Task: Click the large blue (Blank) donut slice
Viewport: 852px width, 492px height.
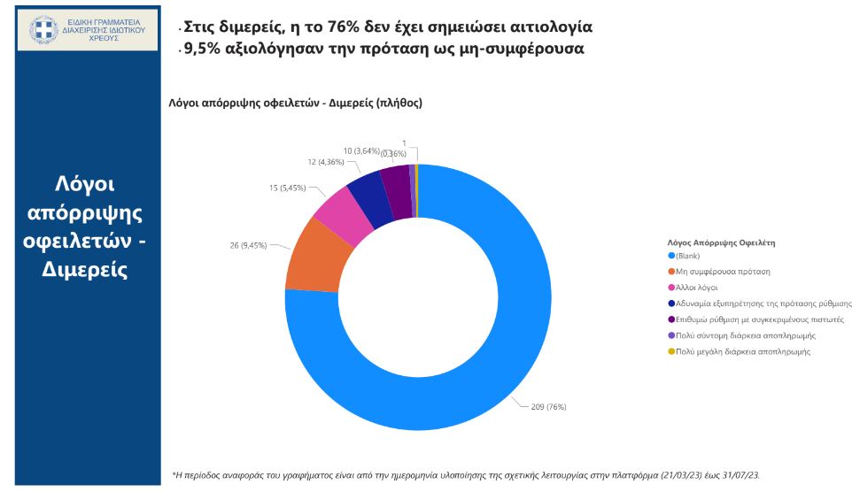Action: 496,354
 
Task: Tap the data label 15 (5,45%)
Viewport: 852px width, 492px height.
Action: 289,188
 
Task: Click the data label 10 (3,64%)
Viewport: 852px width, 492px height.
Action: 362,150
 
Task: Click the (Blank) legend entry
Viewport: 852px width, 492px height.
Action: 688,256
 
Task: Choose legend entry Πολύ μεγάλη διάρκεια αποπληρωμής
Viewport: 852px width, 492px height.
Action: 743,351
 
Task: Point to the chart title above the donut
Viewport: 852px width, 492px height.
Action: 296,103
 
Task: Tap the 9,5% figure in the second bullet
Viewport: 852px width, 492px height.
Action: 203,49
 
